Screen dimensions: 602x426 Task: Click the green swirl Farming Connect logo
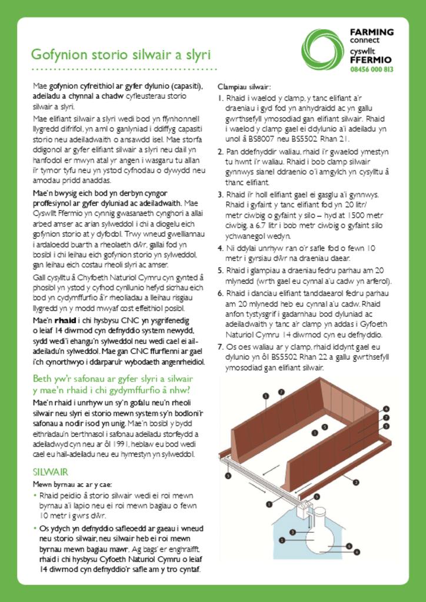(322, 49)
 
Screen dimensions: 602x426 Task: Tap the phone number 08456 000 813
(371, 69)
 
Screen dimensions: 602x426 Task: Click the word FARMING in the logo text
(371, 32)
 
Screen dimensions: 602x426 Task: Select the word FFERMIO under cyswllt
(371, 60)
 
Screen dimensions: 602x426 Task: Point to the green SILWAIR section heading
(51, 472)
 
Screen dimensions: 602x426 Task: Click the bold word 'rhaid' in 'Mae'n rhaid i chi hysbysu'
(65, 321)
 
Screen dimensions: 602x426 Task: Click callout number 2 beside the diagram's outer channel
(355, 483)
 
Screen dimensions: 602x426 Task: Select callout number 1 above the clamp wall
(266, 396)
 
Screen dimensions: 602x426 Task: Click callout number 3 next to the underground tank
(292, 532)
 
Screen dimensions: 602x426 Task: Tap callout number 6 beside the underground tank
(349, 546)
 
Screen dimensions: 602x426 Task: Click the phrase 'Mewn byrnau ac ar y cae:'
(72, 484)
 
